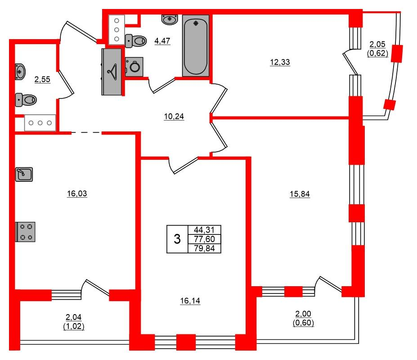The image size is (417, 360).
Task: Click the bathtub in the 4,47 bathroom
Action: pyautogui.click(x=196, y=45)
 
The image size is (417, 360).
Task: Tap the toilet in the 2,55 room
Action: pyautogui.click(x=26, y=100)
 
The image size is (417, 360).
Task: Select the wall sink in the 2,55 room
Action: pyautogui.click(x=20, y=72)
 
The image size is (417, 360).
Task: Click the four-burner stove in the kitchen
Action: pyautogui.click(x=26, y=232)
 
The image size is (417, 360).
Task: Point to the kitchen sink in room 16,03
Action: pyautogui.click(x=24, y=174)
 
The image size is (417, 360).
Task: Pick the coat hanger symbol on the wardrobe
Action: pyautogui.click(x=112, y=72)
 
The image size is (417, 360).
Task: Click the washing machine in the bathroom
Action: pyautogui.click(x=134, y=67)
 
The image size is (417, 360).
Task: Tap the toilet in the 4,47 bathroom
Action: pyautogui.click(x=136, y=41)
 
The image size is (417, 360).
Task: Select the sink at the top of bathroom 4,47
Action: pyautogui.click(x=170, y=19)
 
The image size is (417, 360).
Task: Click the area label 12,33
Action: pyautogui.click(x=280, y=62)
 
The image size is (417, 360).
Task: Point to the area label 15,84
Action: pyautogui.click(x=300, y=194)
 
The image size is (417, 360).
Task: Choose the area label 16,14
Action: pyautogui.click(x=190, y=301)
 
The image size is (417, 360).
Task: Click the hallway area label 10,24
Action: pyautogui.click(x=174, y=116)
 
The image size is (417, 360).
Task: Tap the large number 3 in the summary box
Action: pyautogui.click(x=177, y=239)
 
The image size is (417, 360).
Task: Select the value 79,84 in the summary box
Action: pyautogui.click(x=204, y=248)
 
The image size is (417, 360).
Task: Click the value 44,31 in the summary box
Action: pyautogui.click(x=204, y=229)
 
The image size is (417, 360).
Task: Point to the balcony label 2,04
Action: pyautogui.click(x=73, y=317)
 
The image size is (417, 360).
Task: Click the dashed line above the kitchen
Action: pyautogui.click(x=86, y=132)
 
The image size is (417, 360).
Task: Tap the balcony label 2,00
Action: pyautogui.click(x=303, y=314)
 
